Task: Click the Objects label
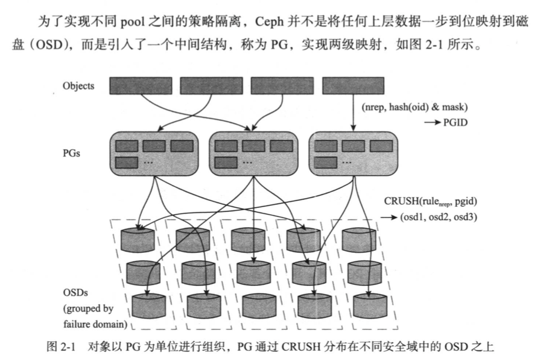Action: point(78,86)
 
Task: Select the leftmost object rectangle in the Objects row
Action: point(140,86)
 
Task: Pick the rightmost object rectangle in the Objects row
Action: point(353,86)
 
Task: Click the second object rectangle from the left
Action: point(211,86)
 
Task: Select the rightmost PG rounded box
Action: point(352,153)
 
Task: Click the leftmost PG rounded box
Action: point(153,153)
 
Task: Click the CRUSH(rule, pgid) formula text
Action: point(431,200)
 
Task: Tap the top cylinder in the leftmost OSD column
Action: point(138,239)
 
